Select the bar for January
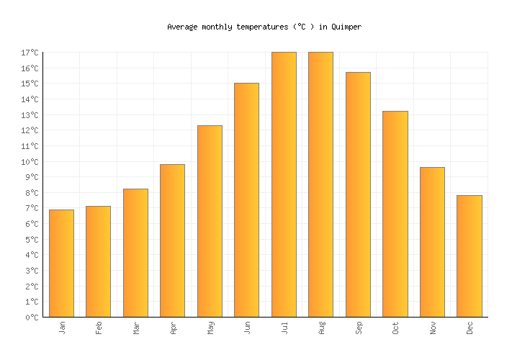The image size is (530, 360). coord(61,263)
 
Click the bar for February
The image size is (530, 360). coord(98,261)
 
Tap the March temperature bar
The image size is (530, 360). coord(135,253)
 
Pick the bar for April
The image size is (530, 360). coord(172,240)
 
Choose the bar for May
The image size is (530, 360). coord(210,221)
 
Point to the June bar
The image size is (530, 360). coord(246,199)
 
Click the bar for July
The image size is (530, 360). coord(284,184)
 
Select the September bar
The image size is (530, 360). coord(358,194)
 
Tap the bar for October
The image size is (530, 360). coord(395,214)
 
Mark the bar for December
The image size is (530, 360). coord(470,256)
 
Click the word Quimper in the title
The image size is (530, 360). coord(346,27)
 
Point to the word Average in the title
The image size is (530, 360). coord(182,27)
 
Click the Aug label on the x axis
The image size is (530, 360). coord(321,328)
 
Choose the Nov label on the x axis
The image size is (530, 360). coord(433,328)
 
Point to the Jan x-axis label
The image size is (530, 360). coord(62,328)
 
